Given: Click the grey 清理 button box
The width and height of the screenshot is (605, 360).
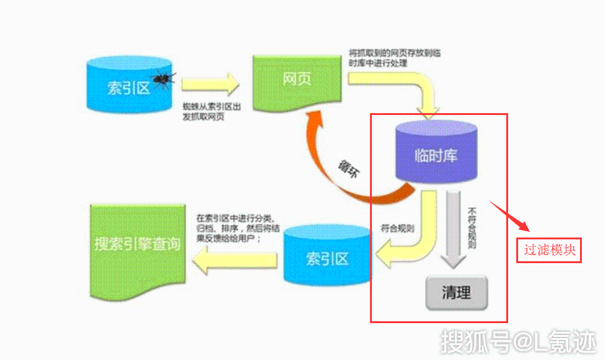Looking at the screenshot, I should pos(456,292).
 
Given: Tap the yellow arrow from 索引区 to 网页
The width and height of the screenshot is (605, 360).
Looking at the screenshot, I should pos(210,84).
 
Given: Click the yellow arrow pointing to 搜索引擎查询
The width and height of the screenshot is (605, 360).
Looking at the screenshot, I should pos(234,257).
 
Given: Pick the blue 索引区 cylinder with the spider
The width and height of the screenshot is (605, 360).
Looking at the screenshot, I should pos(129,87).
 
